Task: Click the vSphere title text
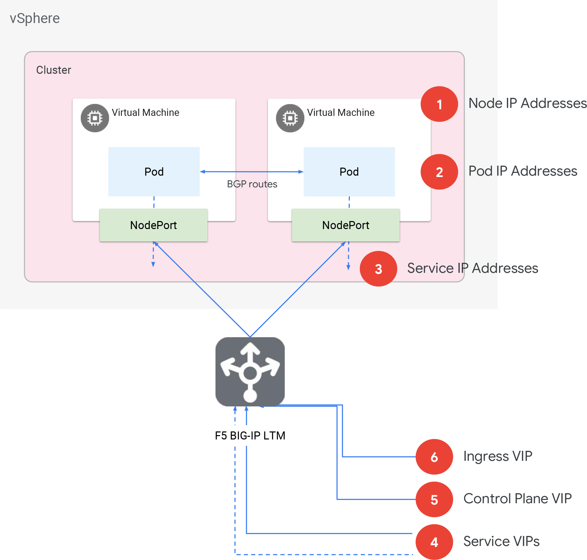(x=35, y=18)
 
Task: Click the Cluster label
(x=53, y=70)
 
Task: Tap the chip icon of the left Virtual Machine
(x=95, y=118)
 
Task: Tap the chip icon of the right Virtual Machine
(x=290, y=118)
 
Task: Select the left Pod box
(x=154, y=172)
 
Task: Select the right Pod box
(x=349, y=172)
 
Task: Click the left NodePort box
(x=153, y=225)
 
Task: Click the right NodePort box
(x=345, y=225)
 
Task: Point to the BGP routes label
(x=252, y=184)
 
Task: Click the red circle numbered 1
(x=439, y=104)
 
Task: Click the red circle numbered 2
(x=439, y=172)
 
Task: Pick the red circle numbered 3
(x=378, y=269)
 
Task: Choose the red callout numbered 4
(x=434, y=542)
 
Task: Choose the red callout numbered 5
(x=434, y=500)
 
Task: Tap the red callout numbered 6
(x=434, y=457)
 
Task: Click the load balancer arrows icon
(x=250, y=372)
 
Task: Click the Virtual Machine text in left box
(x=145, y=113)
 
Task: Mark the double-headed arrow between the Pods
(x=252, y=172)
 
